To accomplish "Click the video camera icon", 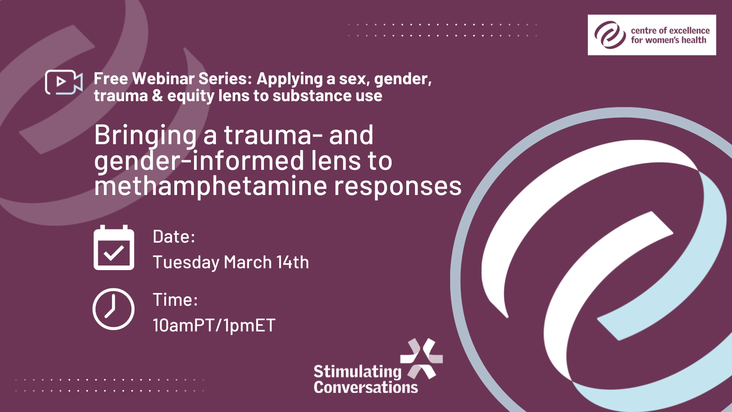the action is coord(64,82).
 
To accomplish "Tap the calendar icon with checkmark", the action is coord(114,248).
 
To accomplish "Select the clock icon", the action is coord(113,309).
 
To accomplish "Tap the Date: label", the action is coord(174,236).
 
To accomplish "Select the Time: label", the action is coord(175,299).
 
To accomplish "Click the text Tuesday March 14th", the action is coord(231,262).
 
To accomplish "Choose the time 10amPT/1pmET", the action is coord(214,325).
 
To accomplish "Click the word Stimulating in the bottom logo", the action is coord(357,372).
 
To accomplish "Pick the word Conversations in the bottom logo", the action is coord(366,387).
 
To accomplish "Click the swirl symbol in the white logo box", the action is coord(610,35).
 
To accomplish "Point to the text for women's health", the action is coord(668,40).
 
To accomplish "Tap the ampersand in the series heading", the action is coord(157,96).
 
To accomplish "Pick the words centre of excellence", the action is coord(670,31).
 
